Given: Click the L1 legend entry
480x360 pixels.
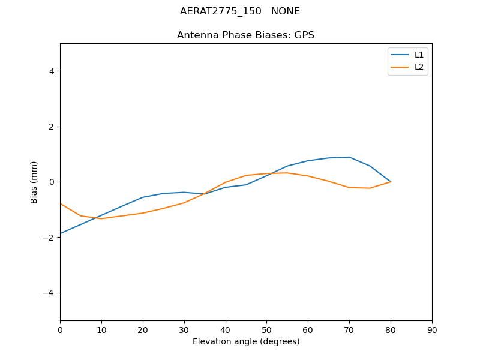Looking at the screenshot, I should tap(419, 55).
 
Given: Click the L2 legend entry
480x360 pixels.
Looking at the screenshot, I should tap(419, 67).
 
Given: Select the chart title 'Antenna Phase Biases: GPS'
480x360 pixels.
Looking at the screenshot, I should tap(245, 35).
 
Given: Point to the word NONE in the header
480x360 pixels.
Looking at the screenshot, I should tap(286, 11).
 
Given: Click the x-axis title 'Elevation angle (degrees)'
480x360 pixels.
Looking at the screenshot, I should tap(245, 342).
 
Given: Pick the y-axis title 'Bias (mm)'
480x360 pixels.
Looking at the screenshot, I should tap(34, 182).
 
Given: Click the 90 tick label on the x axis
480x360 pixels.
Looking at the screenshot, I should tap(432, 329).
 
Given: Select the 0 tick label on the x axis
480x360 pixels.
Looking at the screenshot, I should tap(60, 329).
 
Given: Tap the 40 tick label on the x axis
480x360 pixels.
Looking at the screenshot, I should tap(225, 329).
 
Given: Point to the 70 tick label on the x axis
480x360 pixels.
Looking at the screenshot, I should tap(349, 329).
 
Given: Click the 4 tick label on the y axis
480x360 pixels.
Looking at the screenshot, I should tap(51, 71).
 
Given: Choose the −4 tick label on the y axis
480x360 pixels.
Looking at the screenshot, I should tap(49, 293).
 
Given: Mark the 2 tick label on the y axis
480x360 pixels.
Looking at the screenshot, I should tap(51, 127).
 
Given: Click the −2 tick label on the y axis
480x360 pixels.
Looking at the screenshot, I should tap(49, 238).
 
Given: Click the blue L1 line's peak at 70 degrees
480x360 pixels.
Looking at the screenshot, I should tap(349, 157).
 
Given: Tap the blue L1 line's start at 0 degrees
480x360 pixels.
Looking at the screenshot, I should tap(61, 233).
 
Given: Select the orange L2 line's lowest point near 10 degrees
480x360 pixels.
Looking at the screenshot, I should tap(101, 218).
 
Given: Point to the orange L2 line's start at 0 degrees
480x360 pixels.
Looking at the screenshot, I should tap(61, 203).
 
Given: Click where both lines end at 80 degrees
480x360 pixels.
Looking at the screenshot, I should tap(391, 182).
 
